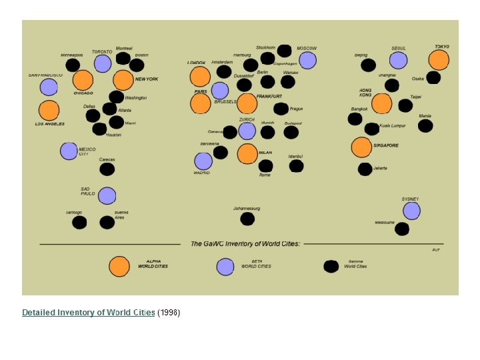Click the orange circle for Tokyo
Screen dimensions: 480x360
[x=439, y=60]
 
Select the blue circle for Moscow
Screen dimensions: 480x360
[x=307, y=61]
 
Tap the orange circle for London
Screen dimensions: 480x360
[x=200, y=77]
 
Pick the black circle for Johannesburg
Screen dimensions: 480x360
[x=247, y=219]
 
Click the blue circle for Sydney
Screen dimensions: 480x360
[x=411, y=211]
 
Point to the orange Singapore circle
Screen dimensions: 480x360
[x=361, y=147]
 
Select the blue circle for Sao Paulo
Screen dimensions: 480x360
[x=107, y=196]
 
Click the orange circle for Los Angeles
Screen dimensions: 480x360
[x=49, y=111]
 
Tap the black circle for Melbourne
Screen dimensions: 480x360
[x=402, y=229]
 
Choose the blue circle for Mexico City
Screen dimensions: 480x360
[x=69, y=151]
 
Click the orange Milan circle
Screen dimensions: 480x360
[x=247, y=154]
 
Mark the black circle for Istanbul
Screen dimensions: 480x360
[x=297, y=166]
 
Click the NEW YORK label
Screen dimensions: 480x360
[x=147, y=79]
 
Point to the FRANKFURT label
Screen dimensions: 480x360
[x=269, y=97]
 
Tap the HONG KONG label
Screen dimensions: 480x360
[x=365, y=92]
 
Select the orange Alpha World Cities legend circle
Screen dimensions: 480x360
[x=119, y=266]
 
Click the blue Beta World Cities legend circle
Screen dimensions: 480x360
[x=225, y=266]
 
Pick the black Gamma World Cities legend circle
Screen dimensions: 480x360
[x=331, y=267]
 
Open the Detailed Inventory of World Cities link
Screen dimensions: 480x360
[x=89, y=313]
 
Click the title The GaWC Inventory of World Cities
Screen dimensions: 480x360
[x=245, y=244]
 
